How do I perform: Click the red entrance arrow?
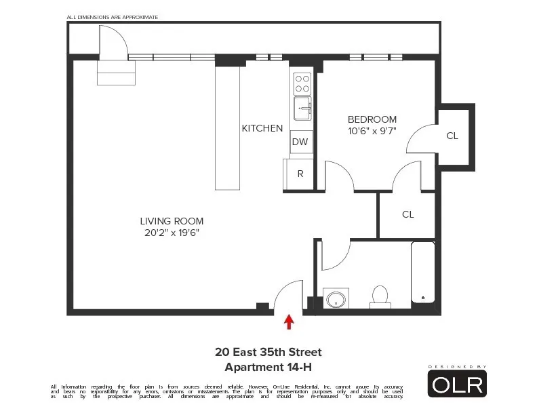point(290,321)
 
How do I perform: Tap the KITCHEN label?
point(262,128)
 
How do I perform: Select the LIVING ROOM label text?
point(172,221)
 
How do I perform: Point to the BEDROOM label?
point(372,119)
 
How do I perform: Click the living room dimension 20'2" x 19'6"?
point(172,233)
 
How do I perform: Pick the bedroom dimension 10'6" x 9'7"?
point(372,131)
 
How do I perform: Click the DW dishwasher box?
point(300,142)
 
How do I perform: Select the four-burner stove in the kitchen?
point(302,83)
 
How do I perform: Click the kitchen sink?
point(302,108)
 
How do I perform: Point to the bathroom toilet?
point(380,296)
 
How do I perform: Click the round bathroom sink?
point(336,298)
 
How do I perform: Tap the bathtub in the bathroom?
point(422,275)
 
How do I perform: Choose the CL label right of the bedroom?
point(452,136)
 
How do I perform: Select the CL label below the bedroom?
point(407,214)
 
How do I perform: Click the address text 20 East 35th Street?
point(268,352)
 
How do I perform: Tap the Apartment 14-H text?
point(268,367)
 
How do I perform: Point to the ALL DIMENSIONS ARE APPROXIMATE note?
point(113,16)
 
